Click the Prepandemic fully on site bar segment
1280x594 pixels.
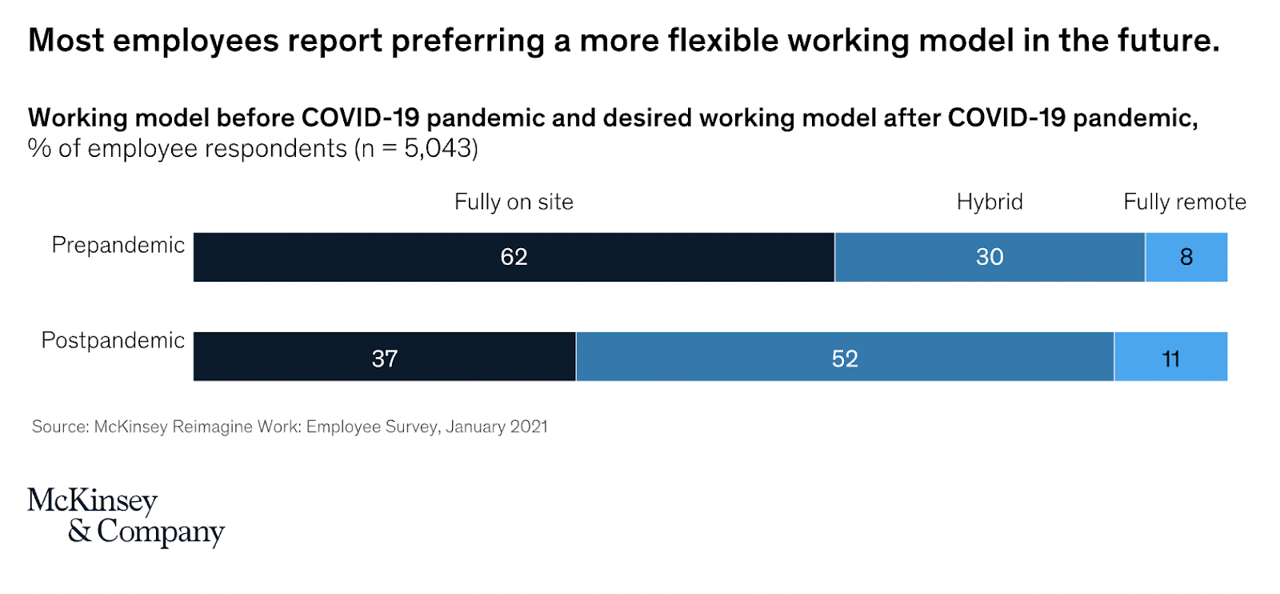(400, 257)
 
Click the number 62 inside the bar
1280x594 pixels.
(514, 257)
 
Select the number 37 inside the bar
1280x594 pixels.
(385, 359)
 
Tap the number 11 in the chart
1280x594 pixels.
(1170, 359)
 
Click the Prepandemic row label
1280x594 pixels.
(118, 245)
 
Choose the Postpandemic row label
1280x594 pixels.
(113, 340)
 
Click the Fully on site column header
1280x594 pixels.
(514, 202)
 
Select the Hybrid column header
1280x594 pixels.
(990, 202)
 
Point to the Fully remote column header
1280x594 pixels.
(1185, 202)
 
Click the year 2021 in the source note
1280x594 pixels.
(529, 427)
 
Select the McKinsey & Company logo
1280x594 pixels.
(126, 516)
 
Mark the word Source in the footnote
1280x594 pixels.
(59, 427)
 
